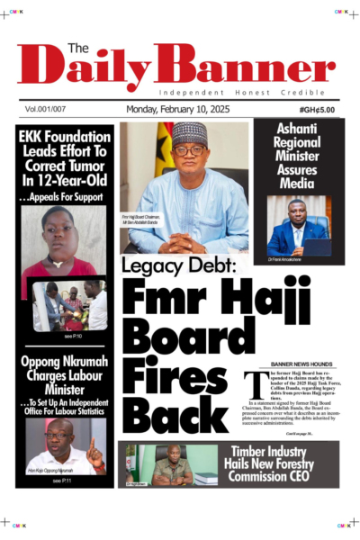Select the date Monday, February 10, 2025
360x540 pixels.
(x=180, y=109)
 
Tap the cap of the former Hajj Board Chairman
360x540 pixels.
(x=190, y=133)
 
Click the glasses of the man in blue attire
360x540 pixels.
(x=190, y=150)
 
